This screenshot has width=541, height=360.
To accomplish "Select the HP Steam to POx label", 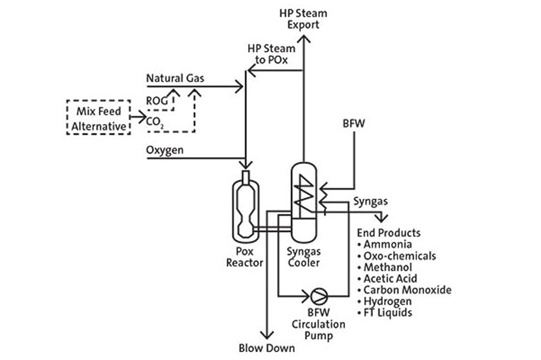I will pos(271,54).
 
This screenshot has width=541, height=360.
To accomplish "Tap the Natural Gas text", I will pos(175,78).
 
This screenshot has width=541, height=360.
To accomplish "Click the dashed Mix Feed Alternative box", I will pos(98,118).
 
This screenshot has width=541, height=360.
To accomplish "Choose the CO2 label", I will pos(155,122).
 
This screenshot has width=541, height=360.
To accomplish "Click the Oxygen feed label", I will pos(165,151).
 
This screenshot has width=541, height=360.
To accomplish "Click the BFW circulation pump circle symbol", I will pos(319,294).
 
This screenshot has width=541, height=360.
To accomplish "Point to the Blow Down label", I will pos(266,348).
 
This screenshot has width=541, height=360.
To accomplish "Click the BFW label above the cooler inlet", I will pos(354,123).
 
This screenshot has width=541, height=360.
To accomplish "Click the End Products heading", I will pos(389,233).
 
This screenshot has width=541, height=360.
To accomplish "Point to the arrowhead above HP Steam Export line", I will pos(303,39).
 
